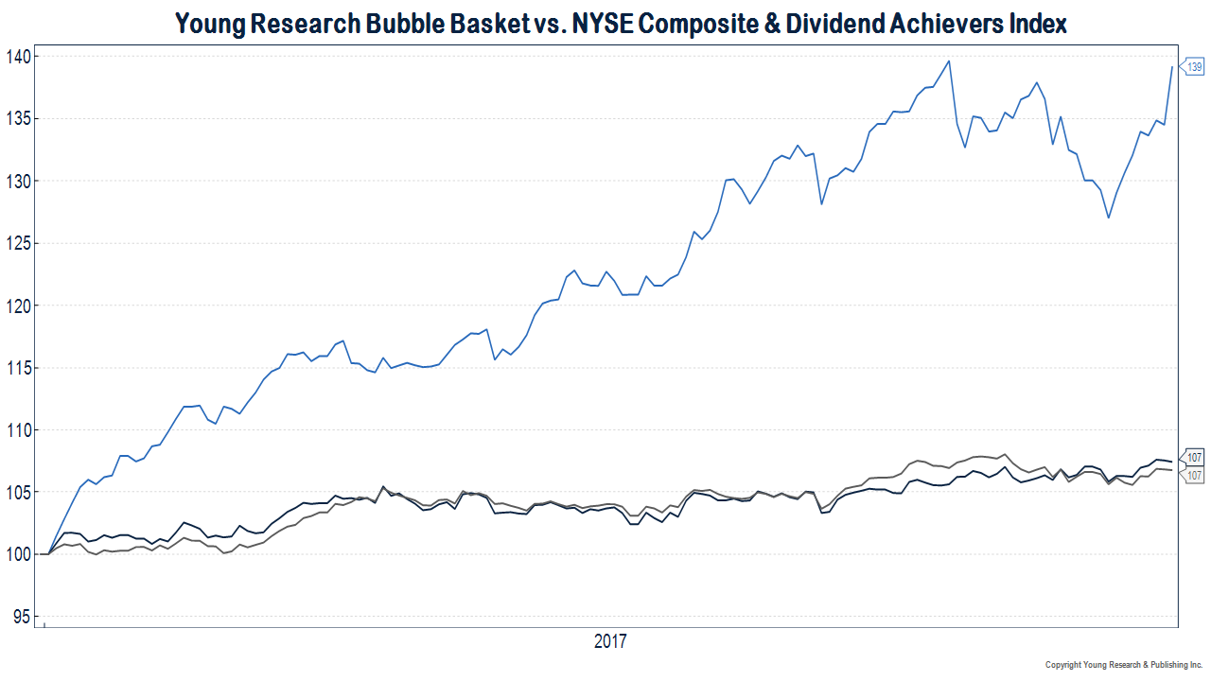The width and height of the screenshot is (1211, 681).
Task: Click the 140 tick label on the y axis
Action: click(18, 57)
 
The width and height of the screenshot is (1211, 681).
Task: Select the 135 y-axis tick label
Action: click(18, 119)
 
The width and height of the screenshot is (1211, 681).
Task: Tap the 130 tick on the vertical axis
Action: click(18, 182)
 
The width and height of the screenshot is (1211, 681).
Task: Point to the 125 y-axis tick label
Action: click(18, 244)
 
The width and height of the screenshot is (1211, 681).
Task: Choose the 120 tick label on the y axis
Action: click(18, 306)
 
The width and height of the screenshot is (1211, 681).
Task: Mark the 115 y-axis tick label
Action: click(18, 368)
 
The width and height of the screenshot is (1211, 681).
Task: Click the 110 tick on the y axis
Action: click(18, 430)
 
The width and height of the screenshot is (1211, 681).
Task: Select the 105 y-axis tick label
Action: click(18, 493)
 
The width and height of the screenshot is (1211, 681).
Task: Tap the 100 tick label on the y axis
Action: click(18, 555)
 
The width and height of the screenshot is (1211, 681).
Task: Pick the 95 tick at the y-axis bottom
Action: click(22, 617)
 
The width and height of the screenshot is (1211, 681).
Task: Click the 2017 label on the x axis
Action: click(610, 642)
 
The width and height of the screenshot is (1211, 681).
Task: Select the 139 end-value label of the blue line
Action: click(1195, 66)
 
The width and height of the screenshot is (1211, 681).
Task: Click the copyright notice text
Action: click(1123, 665)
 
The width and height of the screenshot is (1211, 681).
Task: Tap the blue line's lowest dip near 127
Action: click(1108, 218)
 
